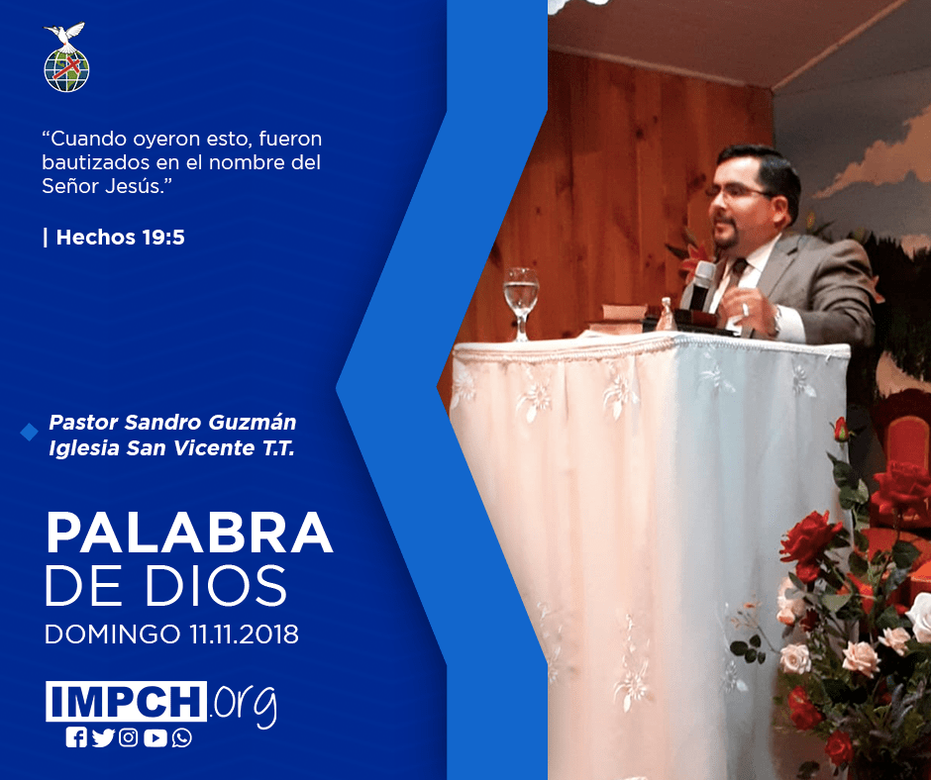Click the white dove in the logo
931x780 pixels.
click(x=65, y=35)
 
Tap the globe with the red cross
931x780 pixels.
click(x=66, y=70)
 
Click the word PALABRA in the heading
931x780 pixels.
click(x=189, y=533)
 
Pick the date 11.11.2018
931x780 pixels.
click(x=244, y=634)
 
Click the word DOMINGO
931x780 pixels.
click(x=112, y=634)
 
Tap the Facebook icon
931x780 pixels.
click(x=76, y=737)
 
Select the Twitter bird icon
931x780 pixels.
click(x=103, y=737)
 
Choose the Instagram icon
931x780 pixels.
click(x=129, y=737)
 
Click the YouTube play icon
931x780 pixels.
click(x=155, y=737)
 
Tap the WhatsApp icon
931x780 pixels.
click(x=181, y=737)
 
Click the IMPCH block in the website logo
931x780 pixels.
click(x=126, y=701)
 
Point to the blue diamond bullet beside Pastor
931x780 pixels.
click(x=29, y=433)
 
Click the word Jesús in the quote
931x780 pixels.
click(x=139, y=186)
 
